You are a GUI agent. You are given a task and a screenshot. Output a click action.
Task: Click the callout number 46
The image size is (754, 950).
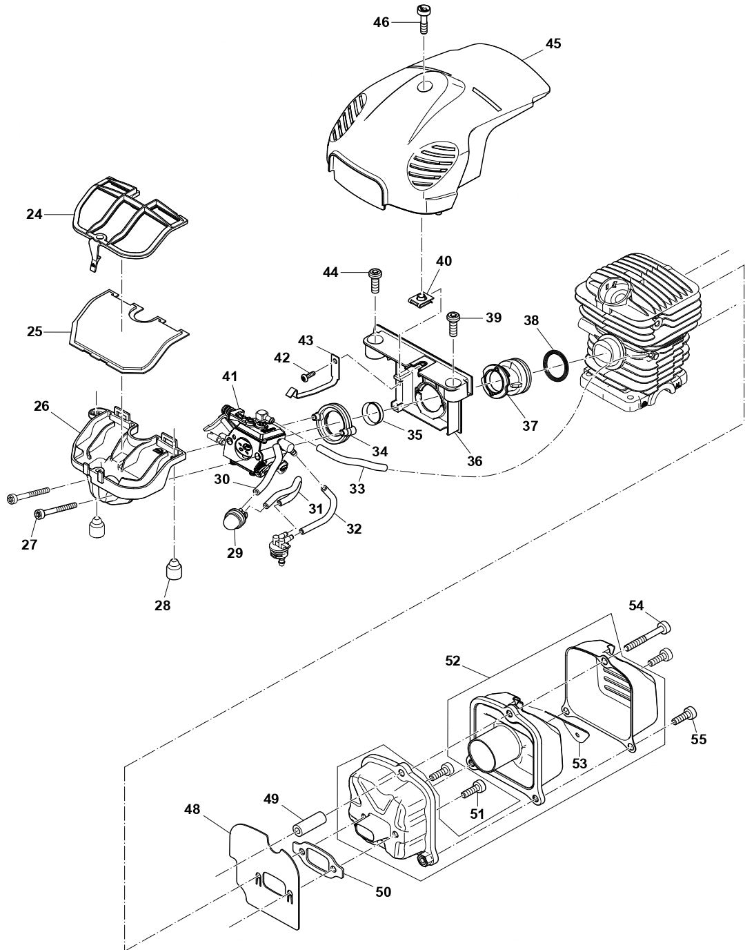[x=381, y=22]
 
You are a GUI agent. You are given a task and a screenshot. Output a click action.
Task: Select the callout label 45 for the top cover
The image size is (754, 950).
[x=553, y=43]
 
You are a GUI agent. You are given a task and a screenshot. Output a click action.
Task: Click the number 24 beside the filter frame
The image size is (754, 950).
[x=34, y=214]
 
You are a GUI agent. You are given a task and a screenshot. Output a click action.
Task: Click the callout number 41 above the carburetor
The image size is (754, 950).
[x=230, y=376]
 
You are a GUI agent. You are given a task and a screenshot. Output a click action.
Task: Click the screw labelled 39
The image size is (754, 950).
[x=454, y=321]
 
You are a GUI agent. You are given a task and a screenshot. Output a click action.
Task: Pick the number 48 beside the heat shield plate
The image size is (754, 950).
[x=192, y=808]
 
